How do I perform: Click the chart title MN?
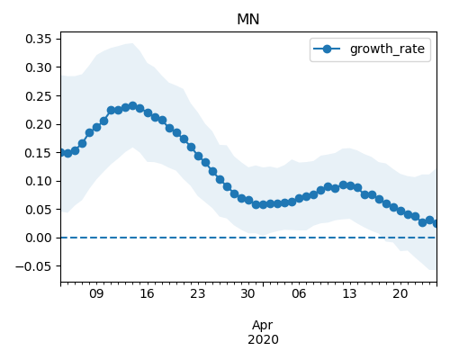click(x=247, y=20)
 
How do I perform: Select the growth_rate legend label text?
click(x=387, y=49)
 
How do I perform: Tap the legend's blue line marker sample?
click(x=327, y=49)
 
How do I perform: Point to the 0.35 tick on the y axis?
click(x=39, y=39)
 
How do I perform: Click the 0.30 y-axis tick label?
click(x=39, y=67)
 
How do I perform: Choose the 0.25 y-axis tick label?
click(x=39, y=96)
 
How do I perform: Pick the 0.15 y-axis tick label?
click(x=39, y=153)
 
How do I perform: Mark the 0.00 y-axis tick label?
click(x=39, y=238)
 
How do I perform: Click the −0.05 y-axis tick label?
click(x=33, y=266)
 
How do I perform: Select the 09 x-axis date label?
click(x=96, y=293)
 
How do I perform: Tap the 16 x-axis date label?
click(x=147, y=293)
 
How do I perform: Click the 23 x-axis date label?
click(x=197, y=293)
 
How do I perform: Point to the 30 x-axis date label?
click(x=247, y=293)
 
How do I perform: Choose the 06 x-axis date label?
click(x=299, y=293)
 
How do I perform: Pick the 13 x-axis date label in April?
click(x=349, y=293)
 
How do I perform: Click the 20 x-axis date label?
click(x=400, y=293)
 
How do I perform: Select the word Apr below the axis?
click(x=263, y=326)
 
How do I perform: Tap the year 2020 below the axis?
click(x=263, y=339)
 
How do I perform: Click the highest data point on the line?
click(x=132, y=106)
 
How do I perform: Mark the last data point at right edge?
click(x=435, y=223)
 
